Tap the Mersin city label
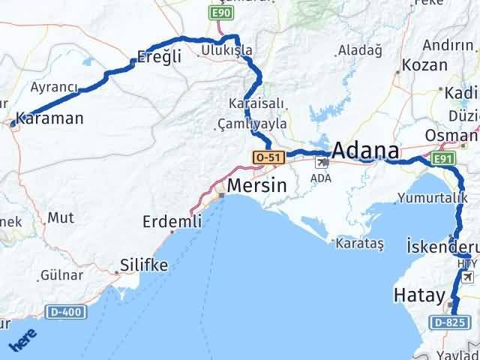(256, 185)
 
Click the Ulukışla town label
(227, 50)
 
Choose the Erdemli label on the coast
(172, 221)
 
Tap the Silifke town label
(144, 265)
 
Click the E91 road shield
(443, 159)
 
